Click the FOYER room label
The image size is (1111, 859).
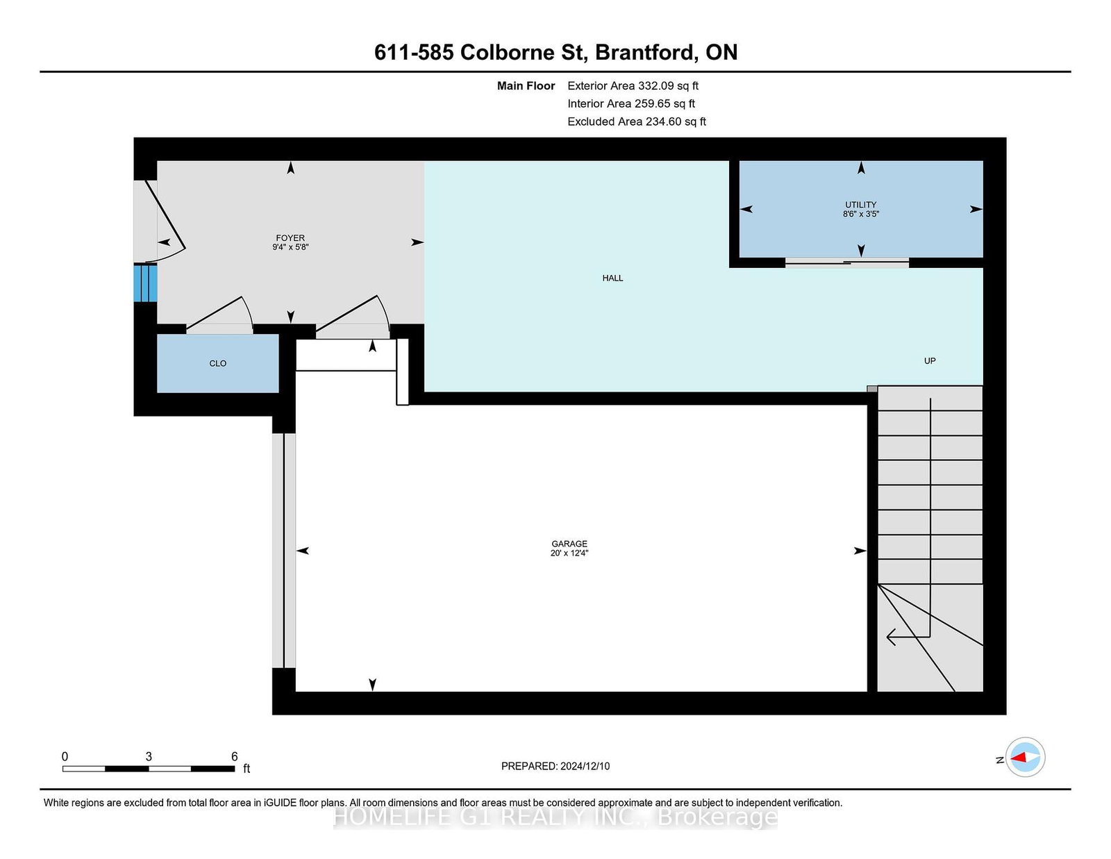point(290,237)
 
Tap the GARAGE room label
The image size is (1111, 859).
point(569,544)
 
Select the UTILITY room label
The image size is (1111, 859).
point(860,205)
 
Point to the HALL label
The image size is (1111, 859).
point(612,278)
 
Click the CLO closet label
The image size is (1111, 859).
point(218,363)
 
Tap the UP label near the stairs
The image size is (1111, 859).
point(930,361)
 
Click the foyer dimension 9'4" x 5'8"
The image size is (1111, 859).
point(290,247)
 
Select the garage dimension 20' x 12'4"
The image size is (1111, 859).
point(569,553)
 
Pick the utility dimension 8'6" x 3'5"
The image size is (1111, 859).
point(860,215)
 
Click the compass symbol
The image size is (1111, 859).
point(1025,757)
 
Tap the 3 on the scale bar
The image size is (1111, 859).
point(149,756)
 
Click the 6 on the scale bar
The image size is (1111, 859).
point(235,756)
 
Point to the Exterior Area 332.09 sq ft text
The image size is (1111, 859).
point(633,86)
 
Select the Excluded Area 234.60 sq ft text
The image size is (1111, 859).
point(637,122)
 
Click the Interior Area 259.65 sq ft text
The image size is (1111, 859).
point(631,103)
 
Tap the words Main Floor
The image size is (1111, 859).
point(526,86)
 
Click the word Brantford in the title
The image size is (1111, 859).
point(645,52)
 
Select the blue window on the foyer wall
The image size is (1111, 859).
point(145,283)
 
